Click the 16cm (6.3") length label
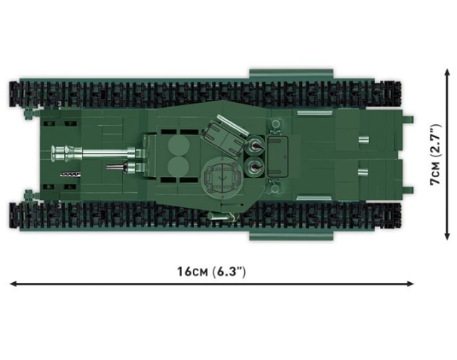click(211, 271)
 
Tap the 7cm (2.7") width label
click(436, 154)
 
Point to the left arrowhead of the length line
click(14, 284)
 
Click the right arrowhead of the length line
click(411, 284)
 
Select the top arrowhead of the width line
click(448, 73)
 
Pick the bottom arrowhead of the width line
click(448, 236)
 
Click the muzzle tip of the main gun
click(53, 154)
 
